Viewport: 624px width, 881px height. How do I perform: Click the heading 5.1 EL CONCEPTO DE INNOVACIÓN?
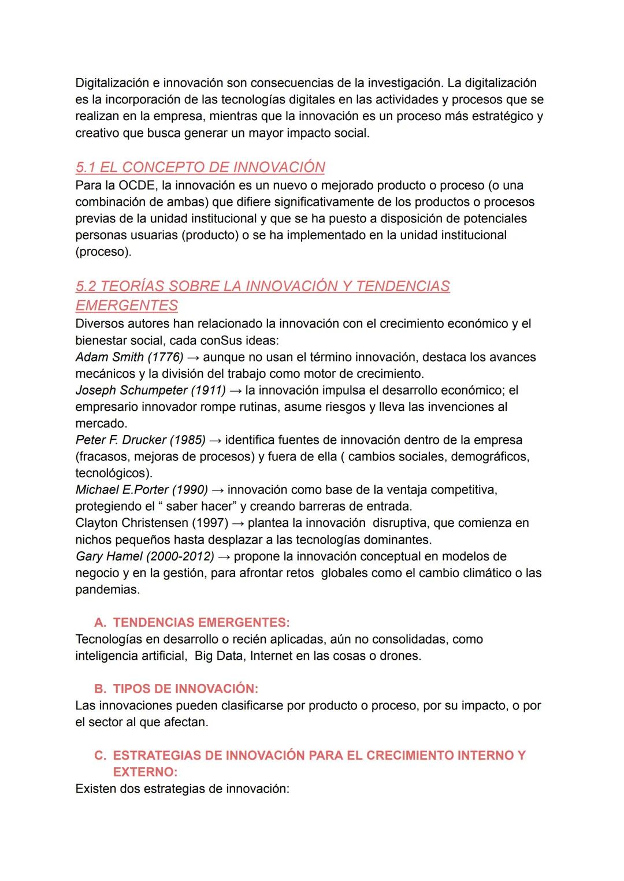(200, 168)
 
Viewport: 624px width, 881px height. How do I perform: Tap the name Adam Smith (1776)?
(129, 357)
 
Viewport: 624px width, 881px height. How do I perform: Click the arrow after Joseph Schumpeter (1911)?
(235, 391)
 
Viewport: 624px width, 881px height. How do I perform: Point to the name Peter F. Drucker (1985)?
(140, 440)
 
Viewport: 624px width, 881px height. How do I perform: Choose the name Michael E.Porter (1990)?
(141, 490)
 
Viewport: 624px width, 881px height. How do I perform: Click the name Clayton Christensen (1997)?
(151, 523)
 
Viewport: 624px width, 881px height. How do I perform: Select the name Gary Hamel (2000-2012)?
(144, 557)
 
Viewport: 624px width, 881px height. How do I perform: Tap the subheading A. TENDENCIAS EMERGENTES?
(192, 623)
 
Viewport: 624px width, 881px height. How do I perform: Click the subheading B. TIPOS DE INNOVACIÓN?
(176, 689)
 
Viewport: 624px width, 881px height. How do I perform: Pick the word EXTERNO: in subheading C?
(145, 772)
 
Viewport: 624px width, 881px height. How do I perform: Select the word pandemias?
(107, 590)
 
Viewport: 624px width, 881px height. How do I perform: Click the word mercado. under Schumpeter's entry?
(101, 423)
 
